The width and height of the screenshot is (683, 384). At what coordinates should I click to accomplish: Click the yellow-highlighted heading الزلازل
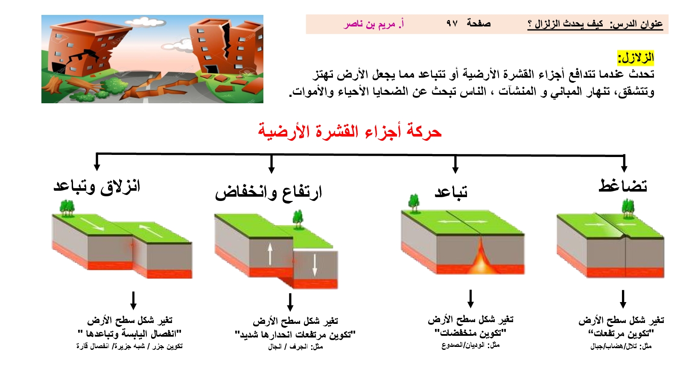click(x=636, y=58)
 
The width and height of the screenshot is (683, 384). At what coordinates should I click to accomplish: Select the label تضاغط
click(x=623, y=186)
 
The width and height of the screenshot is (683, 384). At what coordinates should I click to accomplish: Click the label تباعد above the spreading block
click(x=451, y=192)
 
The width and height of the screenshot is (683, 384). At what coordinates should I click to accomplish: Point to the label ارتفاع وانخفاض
click(x=269, y=192)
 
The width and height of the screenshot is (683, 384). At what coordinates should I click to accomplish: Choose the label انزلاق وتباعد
click(x=96, y=186)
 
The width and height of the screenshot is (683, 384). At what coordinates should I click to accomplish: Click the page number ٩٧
click(x=452, y=23)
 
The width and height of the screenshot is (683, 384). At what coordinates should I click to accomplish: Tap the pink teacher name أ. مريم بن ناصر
click(x=374, y=24)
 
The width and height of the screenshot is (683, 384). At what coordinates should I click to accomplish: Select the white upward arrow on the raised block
click(x=270, y=254)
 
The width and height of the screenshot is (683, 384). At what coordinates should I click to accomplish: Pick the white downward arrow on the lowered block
click(x=315, y=265)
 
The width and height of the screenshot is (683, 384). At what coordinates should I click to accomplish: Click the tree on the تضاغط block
click(x=628, y=208)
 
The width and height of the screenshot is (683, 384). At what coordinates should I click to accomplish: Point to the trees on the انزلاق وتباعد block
click(x=67, y=208)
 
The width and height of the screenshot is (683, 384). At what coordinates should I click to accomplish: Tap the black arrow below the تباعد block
click(x=470, y=299)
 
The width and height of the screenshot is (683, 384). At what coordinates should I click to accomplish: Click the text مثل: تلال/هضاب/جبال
click(x=621, y=346)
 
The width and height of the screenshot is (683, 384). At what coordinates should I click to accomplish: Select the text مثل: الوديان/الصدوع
click(x=470, y=345)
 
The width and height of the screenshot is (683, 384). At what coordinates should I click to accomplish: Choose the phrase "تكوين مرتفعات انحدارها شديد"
click(x=295, y=335)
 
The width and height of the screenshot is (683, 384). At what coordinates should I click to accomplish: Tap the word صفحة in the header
click(x=479, y=23)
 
